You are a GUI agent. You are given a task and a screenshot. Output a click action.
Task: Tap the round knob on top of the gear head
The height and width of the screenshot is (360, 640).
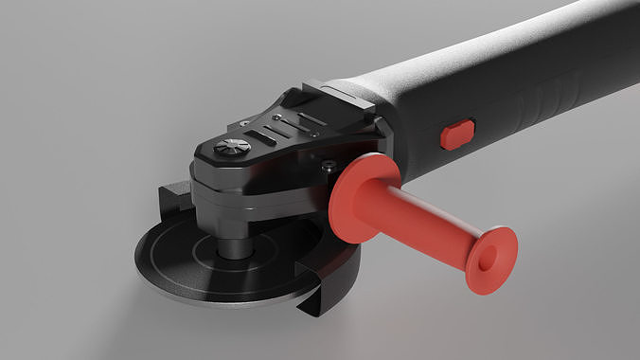[232, 147]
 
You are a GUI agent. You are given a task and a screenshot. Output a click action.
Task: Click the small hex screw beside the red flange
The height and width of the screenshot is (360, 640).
[328, 167]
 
